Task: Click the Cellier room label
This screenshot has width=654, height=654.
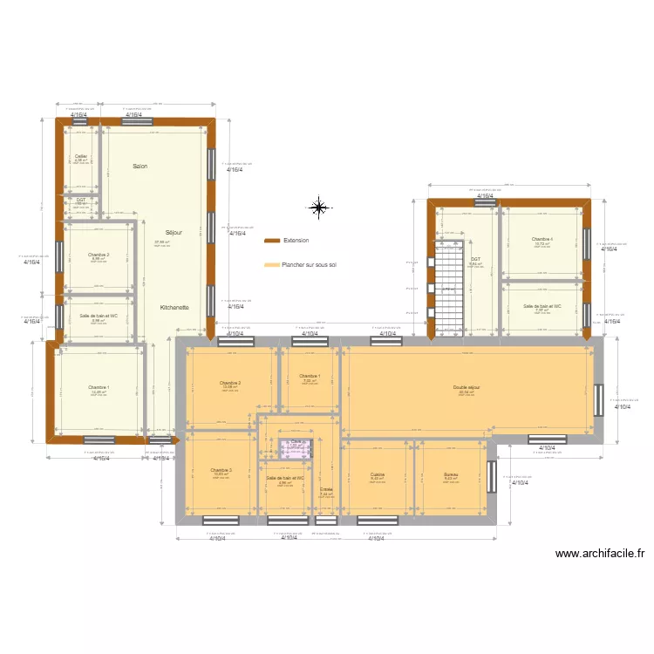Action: coord(80,156)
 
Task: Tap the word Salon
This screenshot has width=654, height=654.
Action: coord(140,166)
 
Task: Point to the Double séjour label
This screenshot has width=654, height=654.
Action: coord(467,387)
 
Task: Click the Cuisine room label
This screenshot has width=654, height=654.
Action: coord(378,475)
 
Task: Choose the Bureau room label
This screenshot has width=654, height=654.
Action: coord(450,475)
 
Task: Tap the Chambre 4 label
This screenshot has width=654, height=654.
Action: coord(542,239)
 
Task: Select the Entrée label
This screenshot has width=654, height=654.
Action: coord(326,490)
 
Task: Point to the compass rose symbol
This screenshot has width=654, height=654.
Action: coord(319,207)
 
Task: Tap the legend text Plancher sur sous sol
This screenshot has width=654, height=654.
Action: coord(310,264)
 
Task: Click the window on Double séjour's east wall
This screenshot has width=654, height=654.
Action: coord(598,400)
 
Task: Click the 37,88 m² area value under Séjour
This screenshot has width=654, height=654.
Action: coord(162,242)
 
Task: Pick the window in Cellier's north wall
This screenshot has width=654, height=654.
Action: coord(81,122)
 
